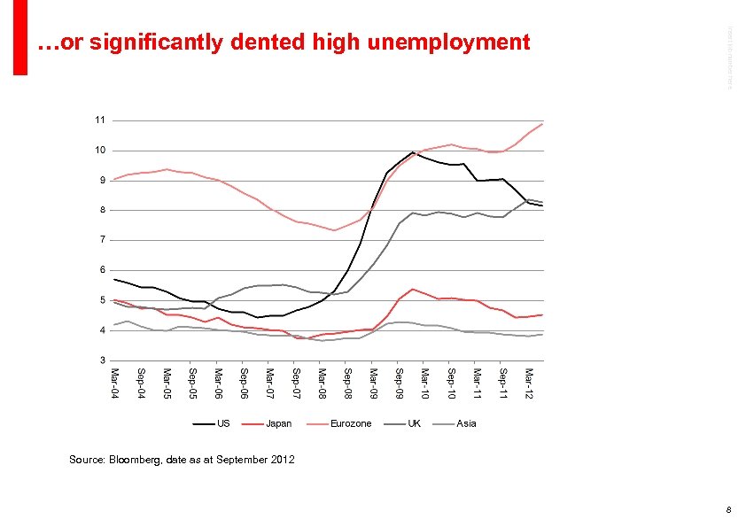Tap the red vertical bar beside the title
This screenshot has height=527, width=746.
pyautogui.click(x=20, y=37)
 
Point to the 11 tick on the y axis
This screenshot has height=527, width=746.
pyautogui.click(x=100, y=120)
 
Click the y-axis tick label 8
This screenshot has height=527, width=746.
pyautogui.click(x=101, y=210)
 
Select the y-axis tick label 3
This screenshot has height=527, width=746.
pyautogui.click(x=101, y=360)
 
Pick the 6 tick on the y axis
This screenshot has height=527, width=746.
pyautogui.click(x=101, y=270)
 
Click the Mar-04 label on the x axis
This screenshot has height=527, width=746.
pyautogui.click(x=114, y=383)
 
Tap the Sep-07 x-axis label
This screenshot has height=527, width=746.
pyautogui.click(x=296, y=383)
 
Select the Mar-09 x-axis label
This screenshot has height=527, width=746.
pyautogui.click(x=374, y=383)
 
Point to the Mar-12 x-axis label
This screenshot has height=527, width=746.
pyautogui.click(x=529, y=383)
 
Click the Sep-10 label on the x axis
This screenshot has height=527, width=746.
pyautogui.click(x=451, y=383)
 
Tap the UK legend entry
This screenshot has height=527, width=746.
pyautogui.click(x=414, y=423)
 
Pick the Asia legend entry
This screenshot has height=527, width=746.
pyautogui.click(x=466, y=423)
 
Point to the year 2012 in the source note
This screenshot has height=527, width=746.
pyautogui.click(x=283, y=460)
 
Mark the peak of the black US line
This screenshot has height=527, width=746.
pyautogui.click(x=413, y=152)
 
